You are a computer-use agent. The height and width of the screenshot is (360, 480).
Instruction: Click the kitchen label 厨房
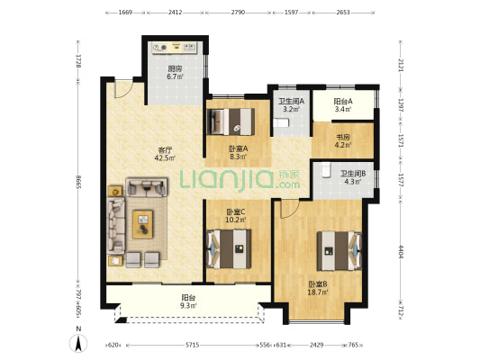[175, 68]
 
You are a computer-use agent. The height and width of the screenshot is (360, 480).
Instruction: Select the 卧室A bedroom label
[239, 148]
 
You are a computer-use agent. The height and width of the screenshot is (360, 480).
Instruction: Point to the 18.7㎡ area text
[318, 292]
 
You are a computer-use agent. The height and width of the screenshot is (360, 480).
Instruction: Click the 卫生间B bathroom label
[353, 174]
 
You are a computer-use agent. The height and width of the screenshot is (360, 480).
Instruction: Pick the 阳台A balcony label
[343, 101]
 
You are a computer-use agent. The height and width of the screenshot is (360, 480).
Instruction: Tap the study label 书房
[343, 137]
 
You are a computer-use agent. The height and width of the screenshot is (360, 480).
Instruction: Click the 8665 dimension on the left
[78, 182]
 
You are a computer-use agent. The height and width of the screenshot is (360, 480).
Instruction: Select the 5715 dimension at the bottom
[192, 345]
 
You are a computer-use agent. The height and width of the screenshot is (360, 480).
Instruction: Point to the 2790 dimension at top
[238, 13]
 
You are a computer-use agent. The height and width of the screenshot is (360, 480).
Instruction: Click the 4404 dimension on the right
[401, 251]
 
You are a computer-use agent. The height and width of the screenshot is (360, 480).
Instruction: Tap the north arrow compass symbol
[78, 343]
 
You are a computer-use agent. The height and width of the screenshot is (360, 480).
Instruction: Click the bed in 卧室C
[229, 249]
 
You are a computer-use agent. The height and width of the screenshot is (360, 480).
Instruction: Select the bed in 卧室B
[339, 251]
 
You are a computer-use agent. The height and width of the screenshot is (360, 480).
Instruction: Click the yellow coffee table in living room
[142, 224]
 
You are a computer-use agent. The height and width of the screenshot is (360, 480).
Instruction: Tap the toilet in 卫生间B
[326, 170]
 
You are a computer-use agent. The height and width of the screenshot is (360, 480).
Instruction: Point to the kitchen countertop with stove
[175, 48]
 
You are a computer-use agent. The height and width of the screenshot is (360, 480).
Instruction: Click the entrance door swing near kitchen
[123, 89]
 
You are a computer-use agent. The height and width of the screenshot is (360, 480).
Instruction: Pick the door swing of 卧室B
[290, 209]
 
